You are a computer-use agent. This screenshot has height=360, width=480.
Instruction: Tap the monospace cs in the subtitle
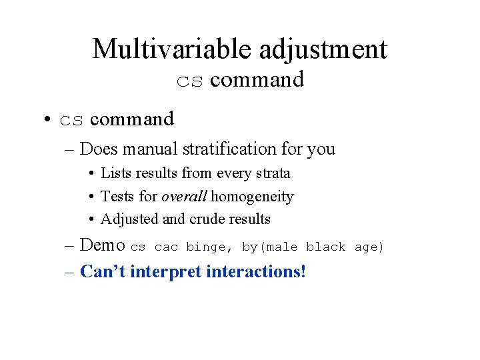[x=190, y=81]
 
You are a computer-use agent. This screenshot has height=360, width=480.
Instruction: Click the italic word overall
[x=185, y=196]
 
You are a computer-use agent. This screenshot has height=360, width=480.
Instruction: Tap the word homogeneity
[x=252, y=196]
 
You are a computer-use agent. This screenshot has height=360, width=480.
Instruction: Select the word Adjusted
[x=128, y=219]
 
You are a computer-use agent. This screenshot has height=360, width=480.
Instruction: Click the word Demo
[x=102, y=245]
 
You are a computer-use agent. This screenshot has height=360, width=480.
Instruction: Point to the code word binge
[x=205, y=247]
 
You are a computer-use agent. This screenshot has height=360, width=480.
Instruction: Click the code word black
[x=325, y=247]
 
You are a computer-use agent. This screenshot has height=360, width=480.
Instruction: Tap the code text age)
[x=369, y=247]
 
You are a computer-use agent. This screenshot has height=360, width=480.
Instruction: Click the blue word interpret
[x=166, y=271]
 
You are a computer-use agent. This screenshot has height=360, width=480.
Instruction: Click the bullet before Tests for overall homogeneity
[x=90, y=197]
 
